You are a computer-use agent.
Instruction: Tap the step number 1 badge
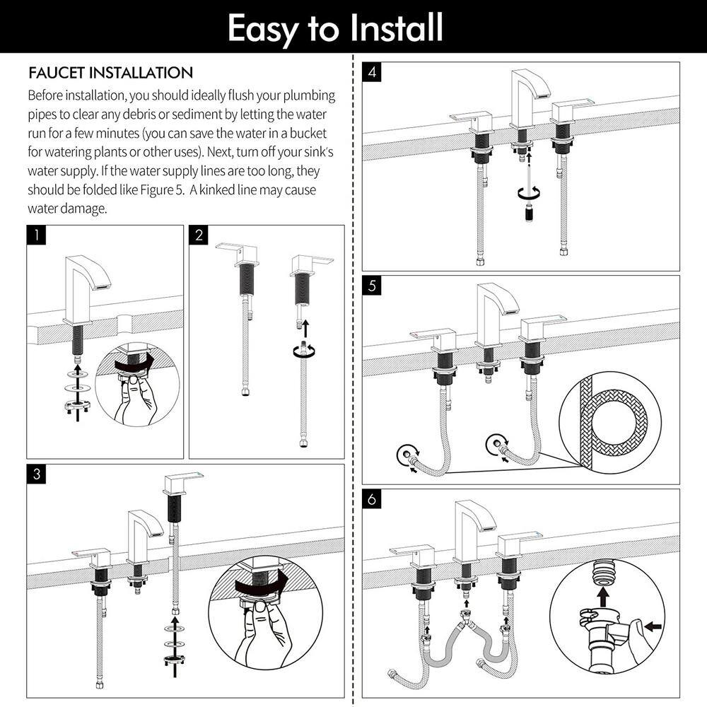[x=37, y=235]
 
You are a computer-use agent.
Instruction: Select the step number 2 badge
[x=199, y=235]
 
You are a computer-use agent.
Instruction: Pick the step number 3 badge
[x=37, y=474]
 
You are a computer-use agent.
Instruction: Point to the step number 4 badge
[x=372, y=72]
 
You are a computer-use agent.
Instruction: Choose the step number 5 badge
[x=372, y=286]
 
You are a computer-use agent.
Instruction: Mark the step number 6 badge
[x=372, y=499]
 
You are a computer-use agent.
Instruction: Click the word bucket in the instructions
[x=308, y=133]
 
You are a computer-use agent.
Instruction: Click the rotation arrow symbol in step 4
[x=529, y=192]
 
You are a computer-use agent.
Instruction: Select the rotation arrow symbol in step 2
[x=304, y=351]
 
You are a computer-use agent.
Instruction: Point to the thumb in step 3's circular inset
[x=262, y=609]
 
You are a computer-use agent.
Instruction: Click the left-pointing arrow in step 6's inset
[x=653, y=626]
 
